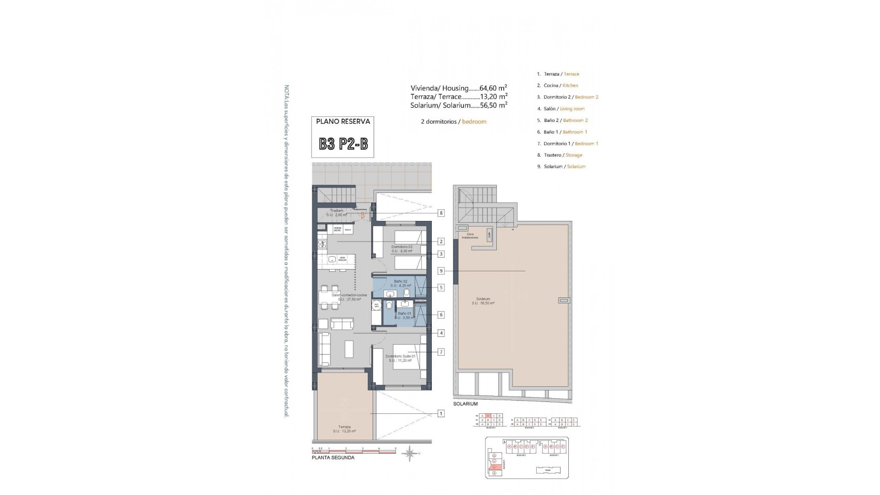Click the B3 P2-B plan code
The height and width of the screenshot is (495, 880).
pyautogui.click(x=343, y=144)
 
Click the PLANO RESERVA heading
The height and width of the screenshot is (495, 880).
pyautogui.click(x=343, y=121)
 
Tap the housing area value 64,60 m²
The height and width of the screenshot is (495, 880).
pyautogui.click(x=493, y=88)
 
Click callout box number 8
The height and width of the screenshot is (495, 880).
pyautogui.click(x=441, y=213)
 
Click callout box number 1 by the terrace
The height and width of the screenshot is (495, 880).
pyautogui.click(x=441, y=413)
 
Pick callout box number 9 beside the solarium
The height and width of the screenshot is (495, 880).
pyautogui.click(x=441, y=271)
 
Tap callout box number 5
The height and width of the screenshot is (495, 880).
pyautogui.click(x=441, y=287)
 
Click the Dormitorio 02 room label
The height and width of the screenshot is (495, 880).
pyautogui.click(x=401, y=247)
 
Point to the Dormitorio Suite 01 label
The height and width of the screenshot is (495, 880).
pyautogui.click(x=400, y=356)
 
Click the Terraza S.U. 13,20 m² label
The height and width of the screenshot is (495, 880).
pyautogui.click(x=344, y=429)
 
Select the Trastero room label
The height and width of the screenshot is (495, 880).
pyautogui.click(x=336, y=211)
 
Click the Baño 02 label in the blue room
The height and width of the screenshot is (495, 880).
pyautogui.click(x=400, y=281)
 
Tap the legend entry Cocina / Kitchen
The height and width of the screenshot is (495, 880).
pyautogui.click(x=557, y=85)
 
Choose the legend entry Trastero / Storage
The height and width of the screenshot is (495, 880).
pyautogui.click(x=559, y=155)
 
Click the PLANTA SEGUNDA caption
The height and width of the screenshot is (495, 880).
pyautogui.click(x=333, y=457)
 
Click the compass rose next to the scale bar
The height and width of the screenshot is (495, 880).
pyautogui.click(x=410, y=454)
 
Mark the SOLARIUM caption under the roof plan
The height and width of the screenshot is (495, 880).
pyautogui.click(x=465, y=404)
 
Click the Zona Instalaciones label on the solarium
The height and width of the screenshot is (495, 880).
pyautogui.click(x=470, y=236)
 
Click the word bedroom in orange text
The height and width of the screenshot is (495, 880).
pyautogui.click(x=474, y=122)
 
